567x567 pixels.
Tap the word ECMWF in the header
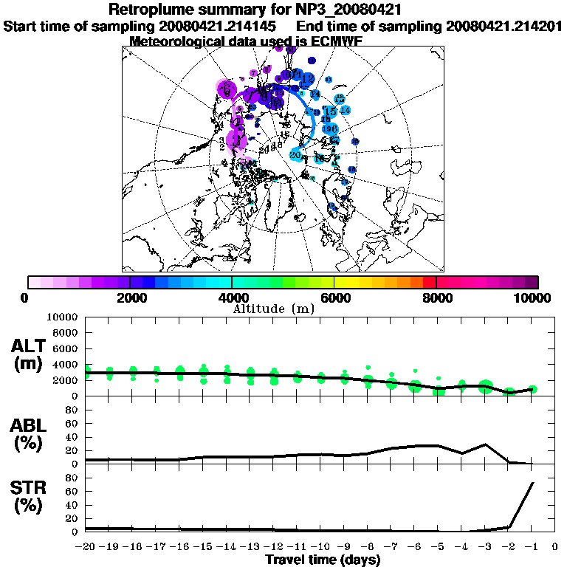336,41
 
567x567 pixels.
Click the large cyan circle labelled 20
296,155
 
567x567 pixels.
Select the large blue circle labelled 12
308,78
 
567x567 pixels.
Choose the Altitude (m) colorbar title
273,309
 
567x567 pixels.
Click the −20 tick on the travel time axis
86,547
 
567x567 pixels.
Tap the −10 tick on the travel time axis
321,547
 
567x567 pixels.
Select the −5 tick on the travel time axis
439,547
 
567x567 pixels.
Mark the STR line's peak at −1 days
532,483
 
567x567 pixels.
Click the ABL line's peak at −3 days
485,444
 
